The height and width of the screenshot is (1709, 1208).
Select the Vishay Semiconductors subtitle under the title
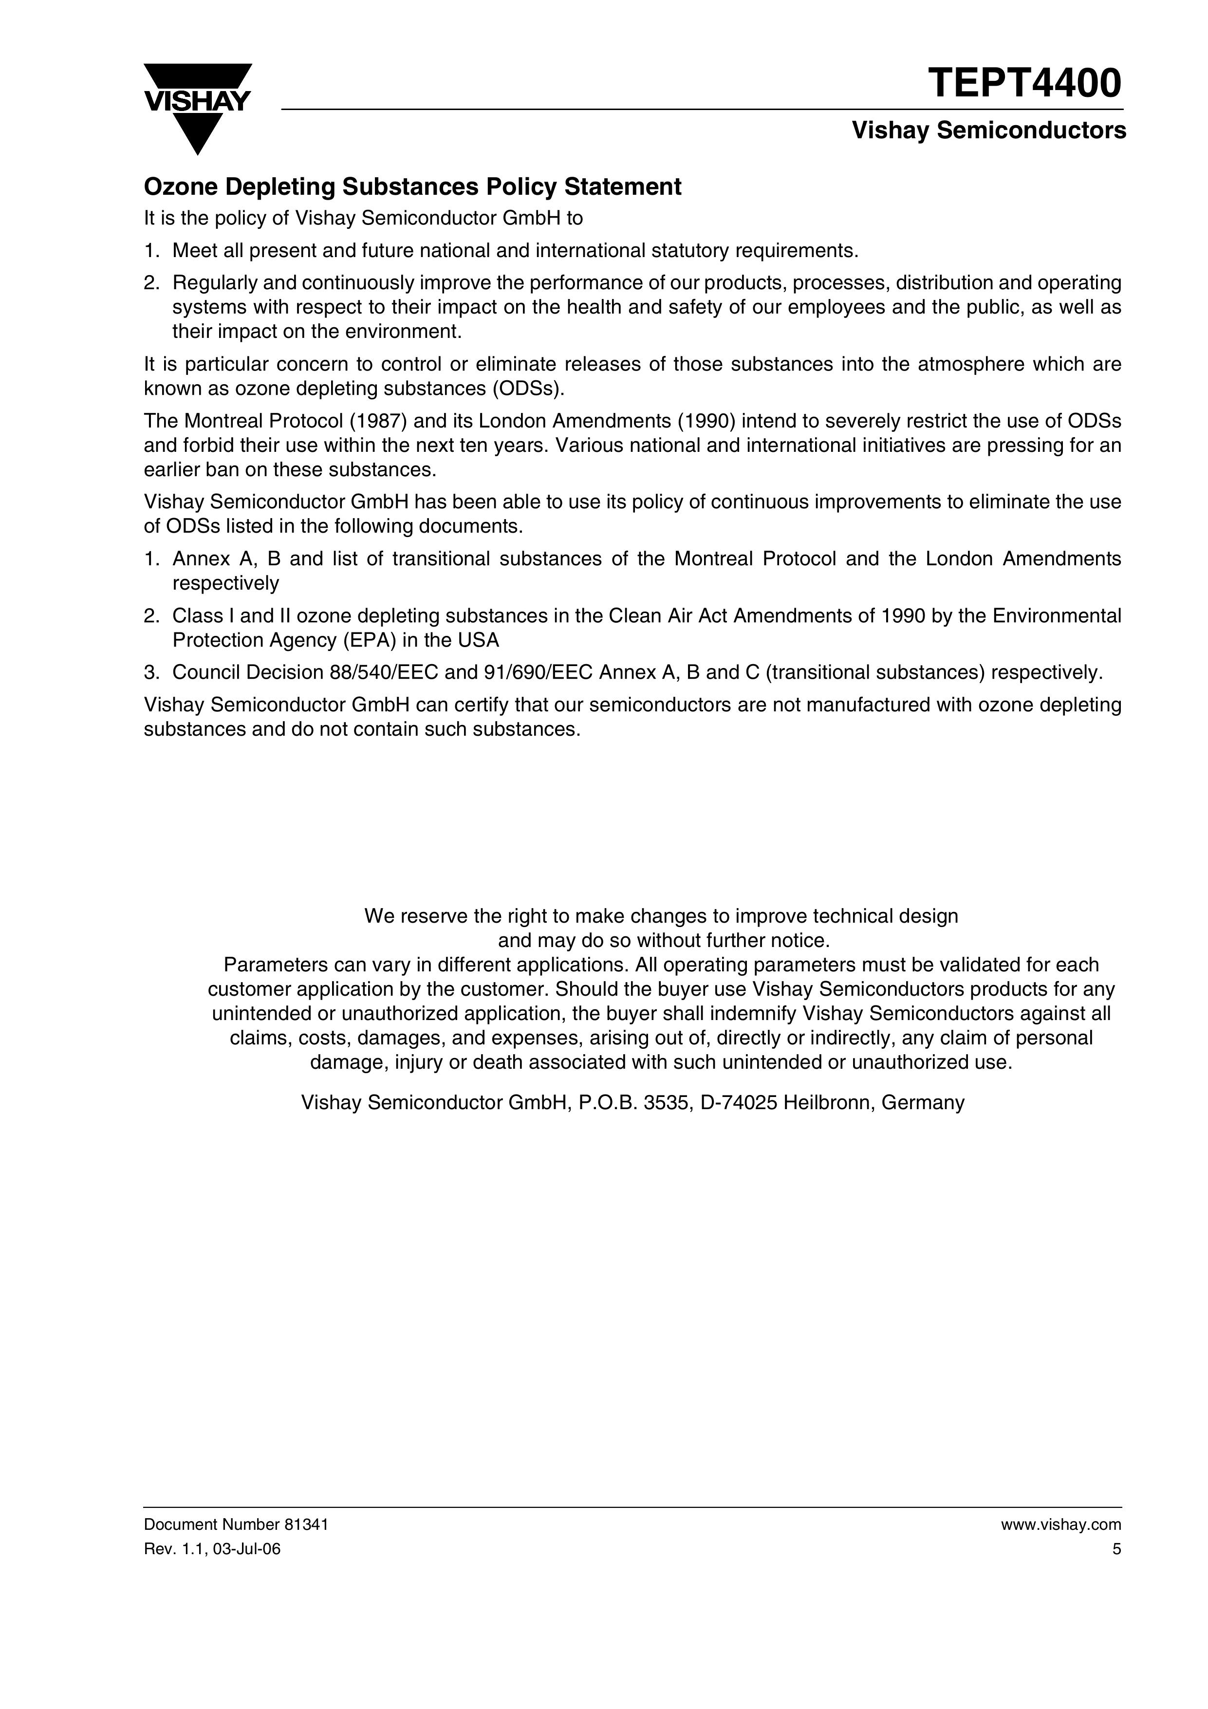pos(988,131)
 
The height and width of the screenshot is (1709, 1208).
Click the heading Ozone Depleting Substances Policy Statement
pos(412,187)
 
